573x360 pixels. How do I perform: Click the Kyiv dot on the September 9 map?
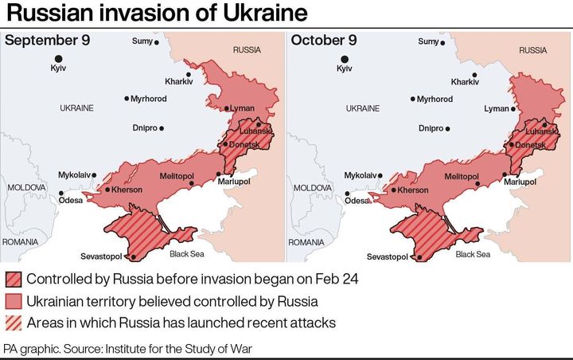click(58, 58)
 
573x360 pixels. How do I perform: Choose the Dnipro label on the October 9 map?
click(431, 128)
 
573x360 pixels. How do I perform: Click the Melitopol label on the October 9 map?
click(462, 176)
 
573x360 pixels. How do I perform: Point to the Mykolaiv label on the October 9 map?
click(362, 174)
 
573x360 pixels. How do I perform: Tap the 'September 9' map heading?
click(47, 41)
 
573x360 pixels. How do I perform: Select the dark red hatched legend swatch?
click(13, 280)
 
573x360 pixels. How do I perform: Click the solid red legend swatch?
click(13, 301)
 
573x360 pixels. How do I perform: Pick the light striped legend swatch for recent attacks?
click(13, 323)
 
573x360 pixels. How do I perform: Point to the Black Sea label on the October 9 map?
click(473, 255)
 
